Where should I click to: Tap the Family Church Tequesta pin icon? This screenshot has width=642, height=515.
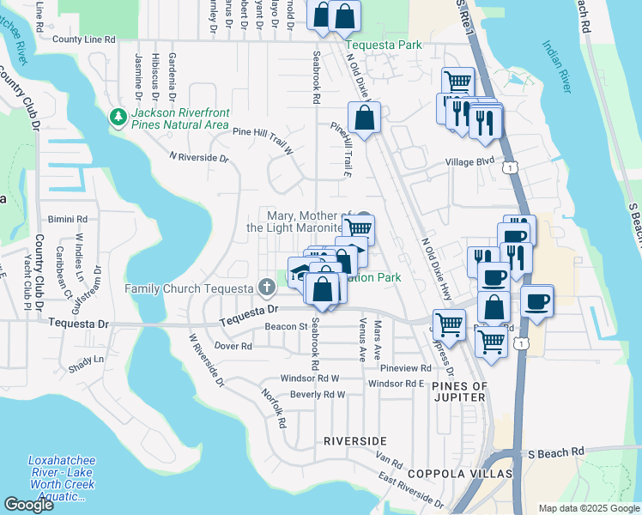266,286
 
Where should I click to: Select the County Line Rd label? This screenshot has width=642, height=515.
83,39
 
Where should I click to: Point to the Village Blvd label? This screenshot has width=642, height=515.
469,161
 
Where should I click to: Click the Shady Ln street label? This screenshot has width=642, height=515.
86,359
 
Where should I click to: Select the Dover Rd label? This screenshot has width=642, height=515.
233,346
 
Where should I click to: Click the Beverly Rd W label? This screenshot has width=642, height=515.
317,395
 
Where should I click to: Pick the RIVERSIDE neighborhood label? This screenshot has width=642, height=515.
354,440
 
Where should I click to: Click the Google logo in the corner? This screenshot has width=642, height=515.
28,505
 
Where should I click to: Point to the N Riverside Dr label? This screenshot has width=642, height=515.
199,157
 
